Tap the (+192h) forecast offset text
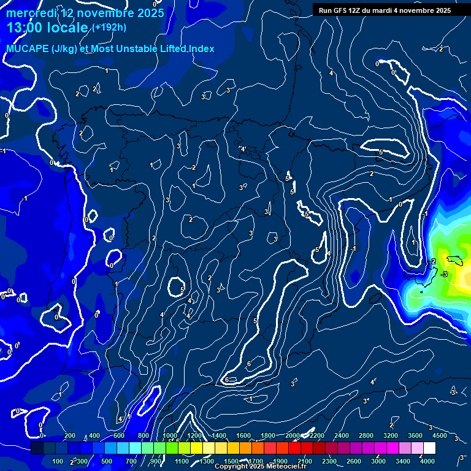pyautogui.click(x=109, y=27)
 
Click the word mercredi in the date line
pyautogui.click(x=31, y=13)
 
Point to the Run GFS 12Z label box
pyautogui.click(x=385, y=10)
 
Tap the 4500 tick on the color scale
pyautogui.click(x=439, y=435)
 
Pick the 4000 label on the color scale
pyautogui.click(x=427, y=461)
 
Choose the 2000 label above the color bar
pyautogui.click(x=293, y=435)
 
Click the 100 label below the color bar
pyautogui.click(x=58, y=461)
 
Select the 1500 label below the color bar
pyautogui.click(x=231, y=461)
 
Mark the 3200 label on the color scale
pyautogui.click(x=391, y=435)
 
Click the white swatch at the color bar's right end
pyautogui.click(x=429, y=448)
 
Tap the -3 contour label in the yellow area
pyautogui.click(x=444, y=274)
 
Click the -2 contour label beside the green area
pyautogui.click(x=432, y=261)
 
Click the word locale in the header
pyautogui.click(x=68, y=28)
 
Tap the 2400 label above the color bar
pyautogui.click(x=342, y=435)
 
